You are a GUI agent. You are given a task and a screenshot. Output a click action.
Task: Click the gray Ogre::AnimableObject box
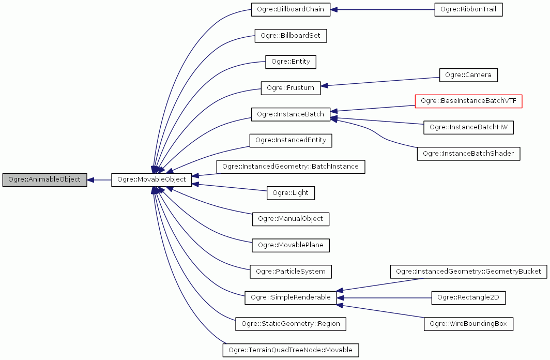44,179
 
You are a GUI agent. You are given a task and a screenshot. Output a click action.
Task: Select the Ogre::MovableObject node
152,179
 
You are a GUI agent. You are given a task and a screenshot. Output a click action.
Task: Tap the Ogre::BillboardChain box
291,9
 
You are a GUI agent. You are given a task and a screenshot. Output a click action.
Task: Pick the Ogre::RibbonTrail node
468,9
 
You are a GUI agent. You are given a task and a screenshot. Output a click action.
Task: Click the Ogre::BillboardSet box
291,36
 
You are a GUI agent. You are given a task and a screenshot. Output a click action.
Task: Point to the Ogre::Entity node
291,62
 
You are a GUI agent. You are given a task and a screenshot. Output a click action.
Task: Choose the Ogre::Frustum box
291,88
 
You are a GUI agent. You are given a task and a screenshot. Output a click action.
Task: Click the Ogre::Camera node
468,75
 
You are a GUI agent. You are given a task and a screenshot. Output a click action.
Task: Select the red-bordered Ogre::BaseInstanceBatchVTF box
468,101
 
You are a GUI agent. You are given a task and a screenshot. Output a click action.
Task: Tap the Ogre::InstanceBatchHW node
468,127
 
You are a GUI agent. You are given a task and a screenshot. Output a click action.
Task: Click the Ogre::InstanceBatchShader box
468,154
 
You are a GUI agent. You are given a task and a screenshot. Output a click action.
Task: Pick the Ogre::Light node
291,193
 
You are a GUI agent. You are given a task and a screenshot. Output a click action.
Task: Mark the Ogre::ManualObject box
291,219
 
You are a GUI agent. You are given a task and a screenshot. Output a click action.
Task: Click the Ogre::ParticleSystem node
291,271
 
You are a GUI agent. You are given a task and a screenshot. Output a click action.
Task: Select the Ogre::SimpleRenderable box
291,297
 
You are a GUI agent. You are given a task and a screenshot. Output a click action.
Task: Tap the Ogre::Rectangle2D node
468,297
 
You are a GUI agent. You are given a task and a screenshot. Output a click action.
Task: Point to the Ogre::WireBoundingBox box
468,324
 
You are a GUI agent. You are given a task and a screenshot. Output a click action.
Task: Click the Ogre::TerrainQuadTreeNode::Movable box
291,350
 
